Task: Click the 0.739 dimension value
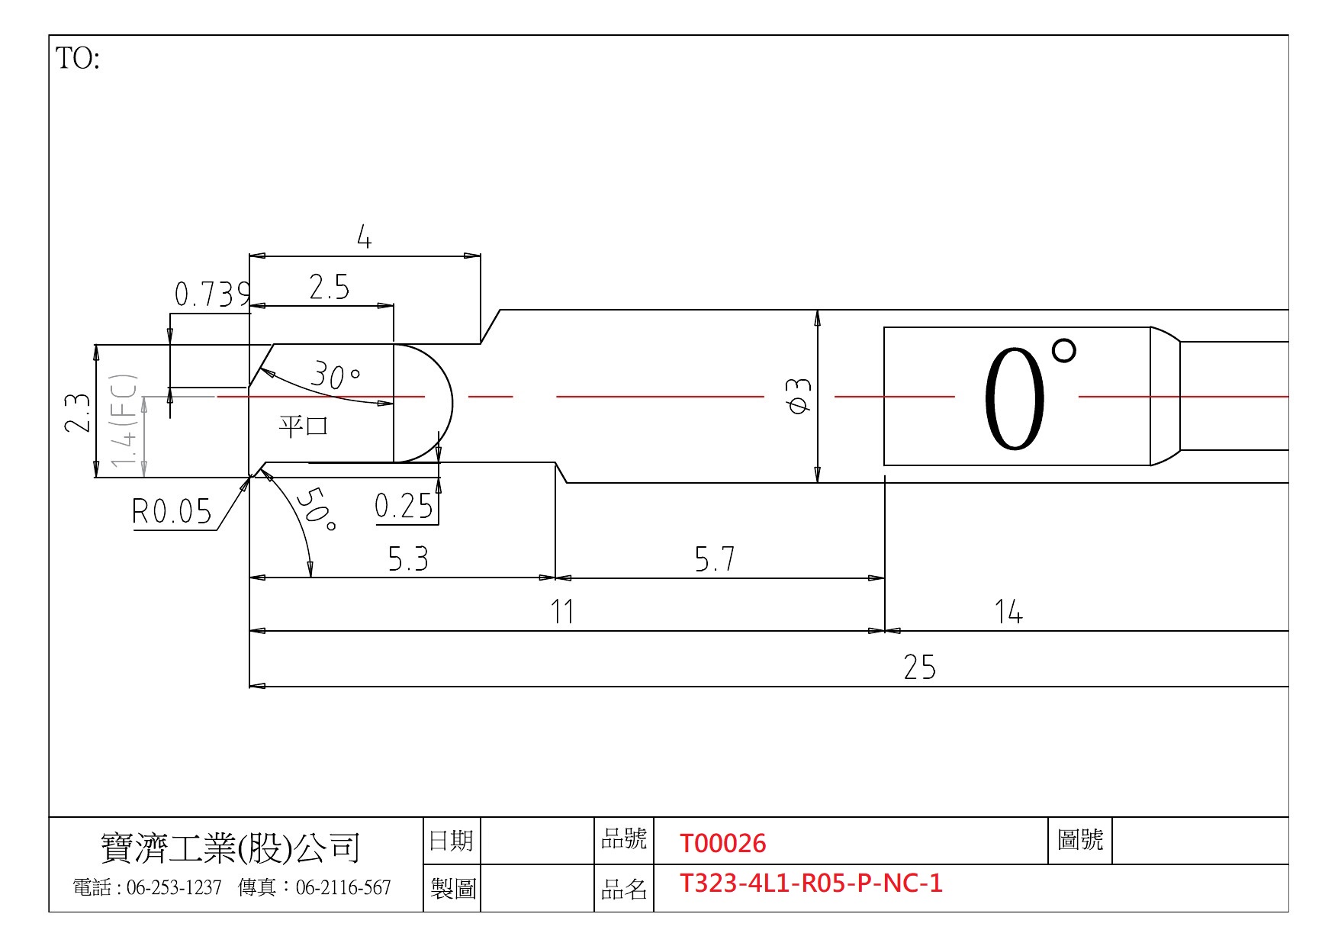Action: [x=212, y=294]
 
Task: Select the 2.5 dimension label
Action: [x=330, y=288]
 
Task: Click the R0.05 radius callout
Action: [x=172, y=511]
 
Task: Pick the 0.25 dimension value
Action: [x=404, y=506]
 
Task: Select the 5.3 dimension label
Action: [x=408, y=560]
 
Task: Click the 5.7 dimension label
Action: [x=715, y=560]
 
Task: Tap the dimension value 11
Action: [x=563, y=612]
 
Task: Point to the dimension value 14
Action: [x=1008, y=612]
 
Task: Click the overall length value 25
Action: [x=920, y=668]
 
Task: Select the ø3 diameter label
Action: [x=799, y=396]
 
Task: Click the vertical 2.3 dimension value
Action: [x=78, y=413]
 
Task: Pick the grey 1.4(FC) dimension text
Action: [x=124, y=420]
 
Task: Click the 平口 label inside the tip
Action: [x=304, y=425]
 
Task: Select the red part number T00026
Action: [x=722, y=843]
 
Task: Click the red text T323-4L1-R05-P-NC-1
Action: [x=811, y=883]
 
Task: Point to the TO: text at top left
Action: [x=78, y=59]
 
